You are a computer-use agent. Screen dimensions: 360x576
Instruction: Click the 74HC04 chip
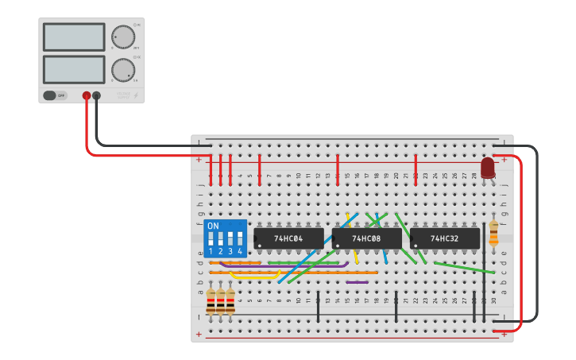tap(289, 238)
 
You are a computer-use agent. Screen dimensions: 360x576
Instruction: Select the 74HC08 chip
tap(367, 238)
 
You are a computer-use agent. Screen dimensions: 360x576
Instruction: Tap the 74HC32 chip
tap(445, 238)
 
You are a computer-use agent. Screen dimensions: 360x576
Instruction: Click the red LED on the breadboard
tap(487, 168)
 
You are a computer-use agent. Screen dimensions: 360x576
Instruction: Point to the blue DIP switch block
tap(225, 238)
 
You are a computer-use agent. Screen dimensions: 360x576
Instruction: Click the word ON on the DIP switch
tap(212, 226)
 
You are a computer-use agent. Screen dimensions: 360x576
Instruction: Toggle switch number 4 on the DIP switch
tap(239, 238)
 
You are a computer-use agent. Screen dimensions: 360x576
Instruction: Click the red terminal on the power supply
tap(86, 95)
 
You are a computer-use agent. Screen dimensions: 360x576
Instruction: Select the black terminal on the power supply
tap(96, 95)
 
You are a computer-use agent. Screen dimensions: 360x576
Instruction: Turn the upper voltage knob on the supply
tap(123, 37)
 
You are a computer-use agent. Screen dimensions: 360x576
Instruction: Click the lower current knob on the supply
tap(123, 70)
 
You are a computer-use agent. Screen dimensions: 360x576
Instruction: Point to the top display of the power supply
tap(74, 37)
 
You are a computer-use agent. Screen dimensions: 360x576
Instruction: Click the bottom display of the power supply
tap(74, 69)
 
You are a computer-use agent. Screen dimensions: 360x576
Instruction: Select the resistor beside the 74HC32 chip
tap(493, 233)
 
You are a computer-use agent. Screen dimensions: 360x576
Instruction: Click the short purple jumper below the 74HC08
tap(357, 281)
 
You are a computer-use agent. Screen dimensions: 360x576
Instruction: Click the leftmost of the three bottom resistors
tap(211, 302)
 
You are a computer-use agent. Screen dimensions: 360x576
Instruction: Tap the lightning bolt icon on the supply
tap(136, 96)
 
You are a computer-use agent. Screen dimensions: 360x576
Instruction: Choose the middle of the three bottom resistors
tap(220, 302)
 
